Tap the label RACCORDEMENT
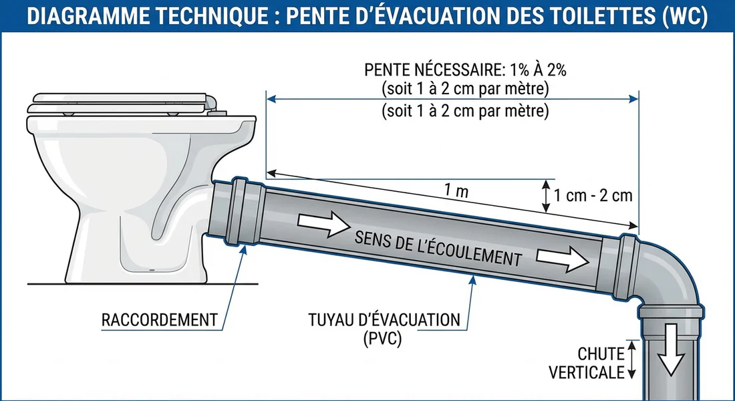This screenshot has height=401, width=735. point(160,319)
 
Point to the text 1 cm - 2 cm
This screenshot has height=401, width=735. point(593,196)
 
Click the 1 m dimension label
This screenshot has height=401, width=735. point(456,191)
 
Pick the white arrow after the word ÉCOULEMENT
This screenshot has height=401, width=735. point(563,259)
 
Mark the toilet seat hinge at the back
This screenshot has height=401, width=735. point(212,104)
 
